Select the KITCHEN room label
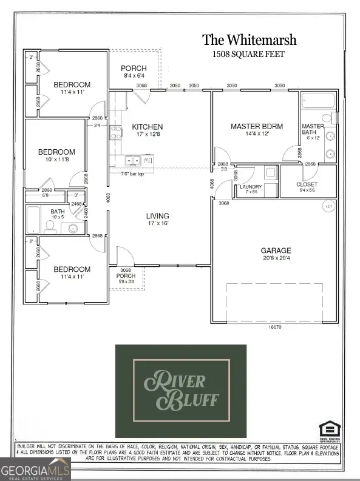(x=148, y=127)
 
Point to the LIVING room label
(x=157, y=215)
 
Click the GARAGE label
(x=276, y=250)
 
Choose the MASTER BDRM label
(x=254, y=127)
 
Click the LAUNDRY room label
(x=249, y=186)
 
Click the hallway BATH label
(x=39, y=210)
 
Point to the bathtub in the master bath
(x=316, y=102)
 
